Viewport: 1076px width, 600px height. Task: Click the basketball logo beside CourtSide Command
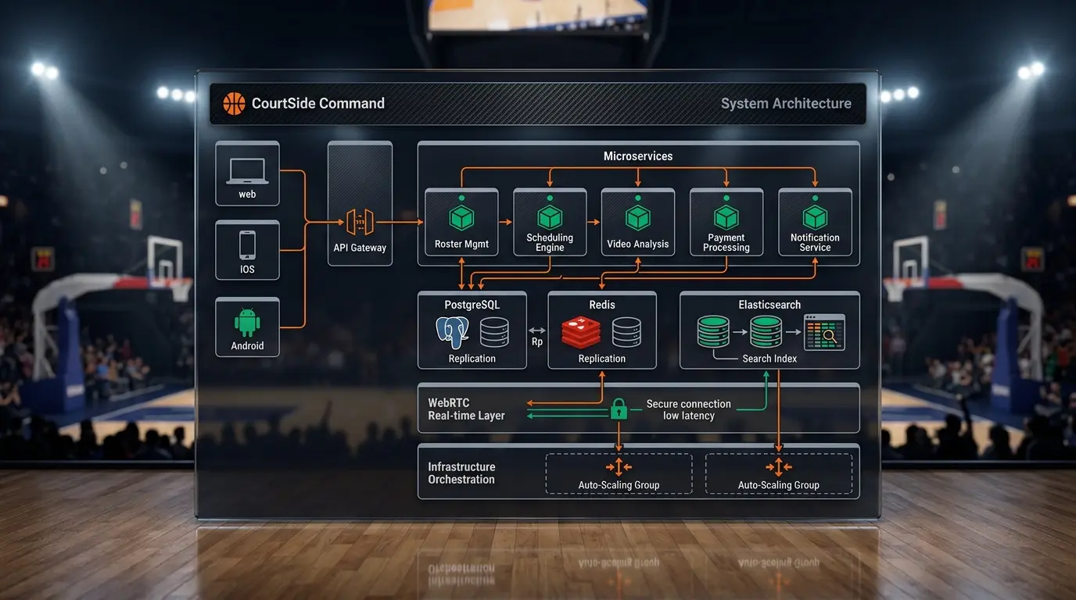(x=234, y=103)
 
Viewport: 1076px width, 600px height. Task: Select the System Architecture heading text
(x=786, y=103)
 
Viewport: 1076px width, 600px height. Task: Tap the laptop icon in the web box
(x=247, y=171)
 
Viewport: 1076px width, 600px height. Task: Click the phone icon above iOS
(x=247, y=245)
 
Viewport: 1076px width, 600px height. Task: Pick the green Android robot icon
(x=247, y=322)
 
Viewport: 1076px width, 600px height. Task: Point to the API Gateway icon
(x=360, y=222)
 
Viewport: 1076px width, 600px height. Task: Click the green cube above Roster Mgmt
(x=461, y=217)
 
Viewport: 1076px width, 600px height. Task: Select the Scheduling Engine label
(x=550, y=242)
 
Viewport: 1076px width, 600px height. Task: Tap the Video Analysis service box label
(x=638, y=244)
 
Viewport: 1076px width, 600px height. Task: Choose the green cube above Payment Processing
(x=726, y=217)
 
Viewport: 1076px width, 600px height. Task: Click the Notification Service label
(x=815, y=242)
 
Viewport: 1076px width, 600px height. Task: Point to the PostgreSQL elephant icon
(x=452, y=332)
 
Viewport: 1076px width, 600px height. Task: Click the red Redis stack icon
(x=581, y=332)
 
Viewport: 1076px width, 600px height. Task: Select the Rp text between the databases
(x=537, y=341)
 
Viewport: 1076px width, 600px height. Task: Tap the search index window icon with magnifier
(x=824, y=332)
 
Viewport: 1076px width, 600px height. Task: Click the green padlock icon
(x=619, y=409)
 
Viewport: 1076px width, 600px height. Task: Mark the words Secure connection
(x=688, y=404)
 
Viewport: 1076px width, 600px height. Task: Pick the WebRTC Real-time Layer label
(x=466, y=409)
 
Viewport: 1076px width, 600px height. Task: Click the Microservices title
(x=638, y=156)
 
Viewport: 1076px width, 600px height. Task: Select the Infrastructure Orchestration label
(x=461, y=473)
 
